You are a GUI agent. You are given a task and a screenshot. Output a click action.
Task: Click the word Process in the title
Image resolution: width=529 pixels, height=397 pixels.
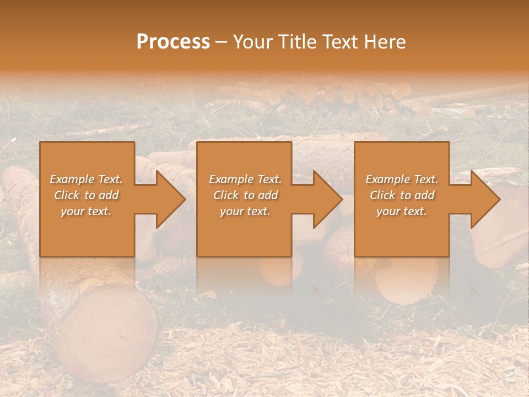[173, 42]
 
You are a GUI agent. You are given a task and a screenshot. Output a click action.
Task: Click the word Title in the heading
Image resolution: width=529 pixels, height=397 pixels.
[296, 42]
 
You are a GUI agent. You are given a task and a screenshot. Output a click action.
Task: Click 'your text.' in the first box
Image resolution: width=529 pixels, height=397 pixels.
[86, 211]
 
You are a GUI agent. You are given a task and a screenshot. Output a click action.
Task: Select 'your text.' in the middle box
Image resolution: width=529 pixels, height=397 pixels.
[245, 211]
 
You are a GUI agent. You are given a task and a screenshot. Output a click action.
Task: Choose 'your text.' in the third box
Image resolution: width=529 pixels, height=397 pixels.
[401, 211]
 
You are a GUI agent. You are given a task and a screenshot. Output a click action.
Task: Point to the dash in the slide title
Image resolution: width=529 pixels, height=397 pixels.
[222, 42]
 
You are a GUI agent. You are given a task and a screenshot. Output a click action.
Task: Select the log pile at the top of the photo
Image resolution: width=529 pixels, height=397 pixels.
[342, 96]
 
